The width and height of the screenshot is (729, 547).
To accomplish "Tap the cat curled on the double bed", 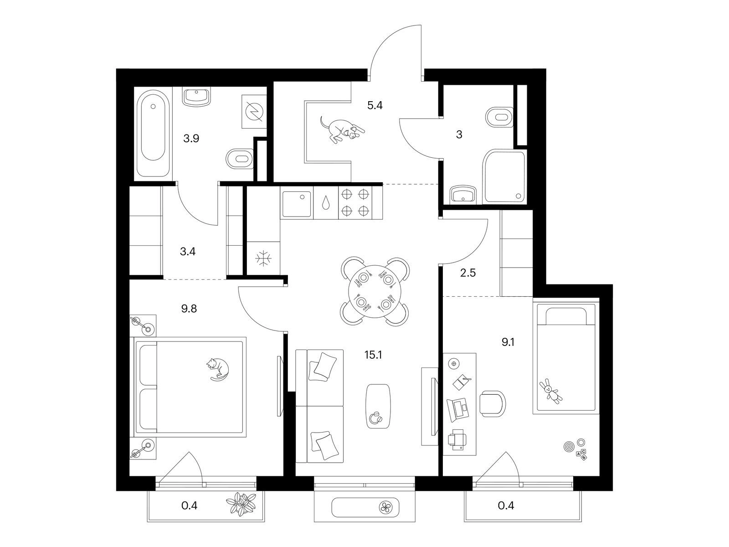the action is coord(217,369).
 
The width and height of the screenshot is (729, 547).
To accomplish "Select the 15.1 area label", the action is coord(373,355).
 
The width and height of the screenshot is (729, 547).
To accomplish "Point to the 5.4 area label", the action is coord(375,105).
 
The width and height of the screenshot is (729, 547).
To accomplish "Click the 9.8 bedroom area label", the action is coord(189,309).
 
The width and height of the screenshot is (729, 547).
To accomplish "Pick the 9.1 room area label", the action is coord(508,342).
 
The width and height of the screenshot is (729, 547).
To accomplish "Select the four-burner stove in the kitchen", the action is coord(355,202).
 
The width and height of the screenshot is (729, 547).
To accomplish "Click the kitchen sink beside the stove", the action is coord(297,204).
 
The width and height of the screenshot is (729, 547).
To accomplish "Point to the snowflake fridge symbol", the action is coord(264,258).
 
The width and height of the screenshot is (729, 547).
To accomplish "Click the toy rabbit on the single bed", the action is coord(550,392).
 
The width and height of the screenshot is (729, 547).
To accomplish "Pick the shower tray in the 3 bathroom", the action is coord(504,176).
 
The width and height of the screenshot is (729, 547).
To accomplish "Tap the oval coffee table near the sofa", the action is coord(378,406).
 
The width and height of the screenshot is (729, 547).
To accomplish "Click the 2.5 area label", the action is coord(468,273).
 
